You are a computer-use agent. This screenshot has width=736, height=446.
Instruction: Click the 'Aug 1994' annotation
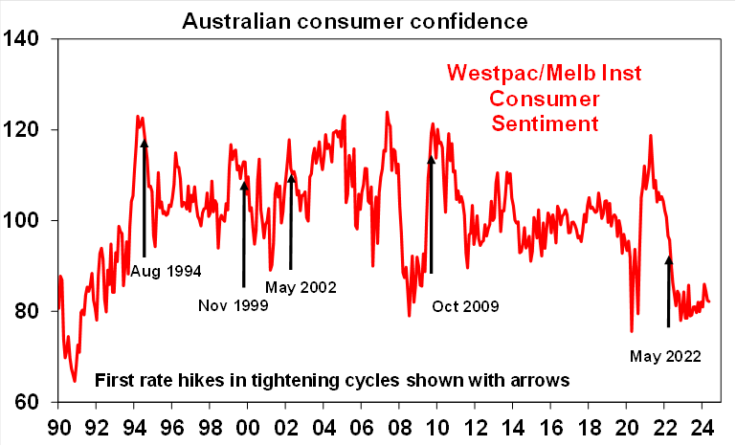pos(167,271)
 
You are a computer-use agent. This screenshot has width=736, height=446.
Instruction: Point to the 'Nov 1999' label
pos(233,306)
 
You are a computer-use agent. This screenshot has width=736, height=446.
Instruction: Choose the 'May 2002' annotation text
pos(302,286)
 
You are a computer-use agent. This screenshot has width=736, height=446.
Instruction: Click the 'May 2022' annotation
pos(665,356)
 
